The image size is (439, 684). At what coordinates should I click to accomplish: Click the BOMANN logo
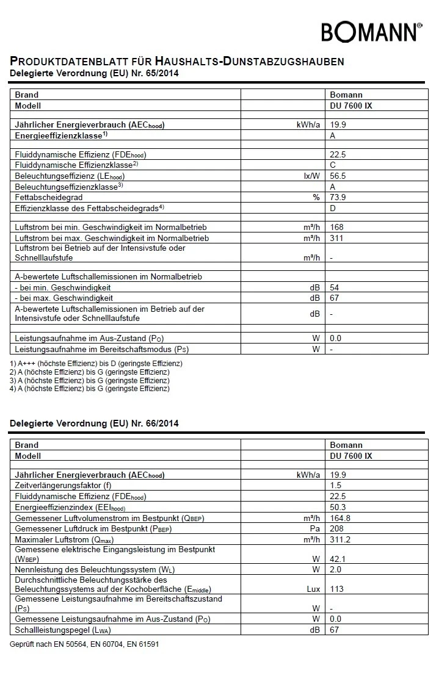tap(371, 32)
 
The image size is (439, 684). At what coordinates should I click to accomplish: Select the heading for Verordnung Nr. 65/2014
tap(95, 74)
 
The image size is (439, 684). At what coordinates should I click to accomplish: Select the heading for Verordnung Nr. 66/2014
tap(95, 423)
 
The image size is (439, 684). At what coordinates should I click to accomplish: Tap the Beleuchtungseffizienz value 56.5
tap(339, 176)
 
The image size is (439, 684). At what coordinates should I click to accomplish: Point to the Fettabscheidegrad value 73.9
tap(339, 198)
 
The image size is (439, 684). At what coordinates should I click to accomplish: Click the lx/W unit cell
tap(312, 176)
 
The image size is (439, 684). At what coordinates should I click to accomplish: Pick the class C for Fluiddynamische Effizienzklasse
tap(333, 165)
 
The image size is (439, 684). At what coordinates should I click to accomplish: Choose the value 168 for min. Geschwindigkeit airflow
tap(337, 227)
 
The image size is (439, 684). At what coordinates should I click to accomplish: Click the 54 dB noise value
tap(335, 287)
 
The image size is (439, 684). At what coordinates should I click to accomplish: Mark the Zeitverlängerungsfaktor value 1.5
tap(336, 485)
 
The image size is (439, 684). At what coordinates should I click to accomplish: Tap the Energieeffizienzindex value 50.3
tap(339, 507)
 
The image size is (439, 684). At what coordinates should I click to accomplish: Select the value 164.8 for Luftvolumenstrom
tap(341, 518)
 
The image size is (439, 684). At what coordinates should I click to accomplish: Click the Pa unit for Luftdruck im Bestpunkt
tap(315, 529)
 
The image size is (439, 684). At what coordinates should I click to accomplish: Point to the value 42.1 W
tap(339, 558)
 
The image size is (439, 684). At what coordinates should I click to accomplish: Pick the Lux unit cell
tap(313, 589)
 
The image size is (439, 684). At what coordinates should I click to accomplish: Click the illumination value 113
tap(337, 589)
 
